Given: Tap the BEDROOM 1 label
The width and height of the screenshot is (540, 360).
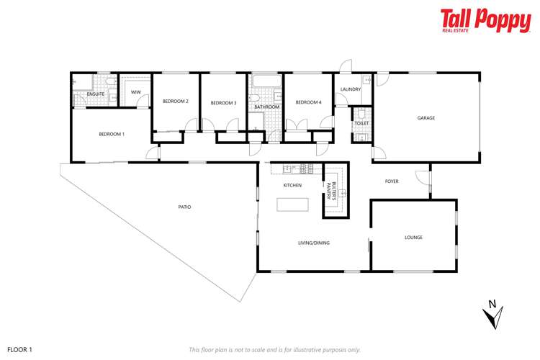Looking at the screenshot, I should (x=112, y=135).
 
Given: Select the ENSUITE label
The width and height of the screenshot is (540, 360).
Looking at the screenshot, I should (x=96, y=94).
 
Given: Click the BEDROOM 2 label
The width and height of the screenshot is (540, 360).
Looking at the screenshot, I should (x=175, y=102).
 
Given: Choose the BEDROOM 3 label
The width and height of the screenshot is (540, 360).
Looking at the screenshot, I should (x=223, y=103).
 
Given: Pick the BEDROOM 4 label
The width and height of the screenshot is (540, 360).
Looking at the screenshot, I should (x=308, y=102).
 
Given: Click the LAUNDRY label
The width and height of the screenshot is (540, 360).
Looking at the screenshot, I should (x=351, y=89).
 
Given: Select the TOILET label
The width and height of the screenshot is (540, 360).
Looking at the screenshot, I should (x=361, y=123).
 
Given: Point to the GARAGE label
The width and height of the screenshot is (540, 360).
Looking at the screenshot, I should (x=426, y=117).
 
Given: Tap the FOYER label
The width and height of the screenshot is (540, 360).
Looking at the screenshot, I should (x=392, y=181).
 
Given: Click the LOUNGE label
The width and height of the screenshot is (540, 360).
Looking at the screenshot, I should (x=413, y=237).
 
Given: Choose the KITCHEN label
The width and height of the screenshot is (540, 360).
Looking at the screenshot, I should (x=292, y=186).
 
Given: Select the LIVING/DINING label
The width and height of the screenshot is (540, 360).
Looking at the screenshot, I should (x=314, y=243).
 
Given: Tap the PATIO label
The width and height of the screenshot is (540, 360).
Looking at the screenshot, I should (x=184, y=207).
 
